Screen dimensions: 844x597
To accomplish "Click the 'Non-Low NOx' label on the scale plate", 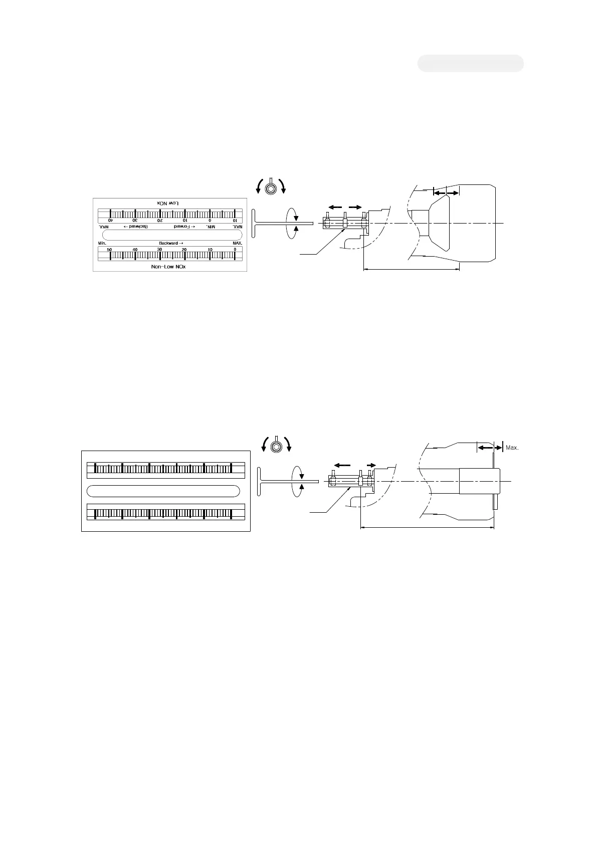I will point(168,267).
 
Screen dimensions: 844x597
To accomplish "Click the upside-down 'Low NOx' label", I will point(169,202).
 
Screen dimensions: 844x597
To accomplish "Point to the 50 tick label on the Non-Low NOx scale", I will point(109,250).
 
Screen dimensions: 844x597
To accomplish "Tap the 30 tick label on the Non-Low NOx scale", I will point(159,250).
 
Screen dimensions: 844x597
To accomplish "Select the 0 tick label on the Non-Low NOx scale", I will point(235,250).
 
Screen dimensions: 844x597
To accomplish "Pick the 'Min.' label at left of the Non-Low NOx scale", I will point(102,243).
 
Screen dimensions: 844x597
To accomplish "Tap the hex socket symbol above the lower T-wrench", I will point(275,447).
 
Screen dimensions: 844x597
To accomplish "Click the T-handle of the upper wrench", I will point(254,223).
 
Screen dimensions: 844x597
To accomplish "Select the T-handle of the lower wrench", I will point(260,482).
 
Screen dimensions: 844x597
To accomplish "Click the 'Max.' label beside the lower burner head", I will point(512,448).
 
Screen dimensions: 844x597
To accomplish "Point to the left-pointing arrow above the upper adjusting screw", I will point(335,207).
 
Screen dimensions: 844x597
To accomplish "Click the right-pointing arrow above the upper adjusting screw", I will point(355,207).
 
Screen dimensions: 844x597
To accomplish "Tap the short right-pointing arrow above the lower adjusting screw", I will point(371,465).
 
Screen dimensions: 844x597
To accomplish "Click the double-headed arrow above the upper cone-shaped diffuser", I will point(446,193).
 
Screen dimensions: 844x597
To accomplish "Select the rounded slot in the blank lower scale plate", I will point(163,491).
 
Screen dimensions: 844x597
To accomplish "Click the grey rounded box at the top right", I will point(471,64).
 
